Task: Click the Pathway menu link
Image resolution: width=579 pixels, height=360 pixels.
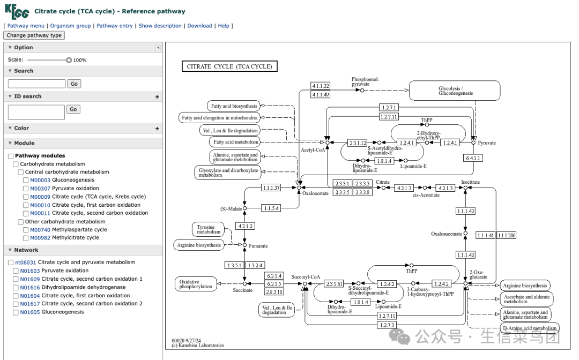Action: pos(26,26)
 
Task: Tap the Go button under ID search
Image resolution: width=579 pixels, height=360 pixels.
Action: pos(73,109)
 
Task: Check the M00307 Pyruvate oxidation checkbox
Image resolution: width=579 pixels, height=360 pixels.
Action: pos(26,189)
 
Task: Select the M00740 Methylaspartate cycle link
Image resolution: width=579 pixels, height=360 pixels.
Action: pos(68,230)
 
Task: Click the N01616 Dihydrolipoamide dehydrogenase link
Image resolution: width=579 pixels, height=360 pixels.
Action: pos(73,287)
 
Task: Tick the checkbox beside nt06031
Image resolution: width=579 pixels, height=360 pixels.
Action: pos(11,262)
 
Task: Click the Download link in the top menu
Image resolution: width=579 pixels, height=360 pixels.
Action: pos(200,26)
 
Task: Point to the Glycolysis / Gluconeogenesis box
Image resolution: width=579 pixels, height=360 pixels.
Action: pos(455,91)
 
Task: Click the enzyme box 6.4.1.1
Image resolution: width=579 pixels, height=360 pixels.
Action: pos(473,158)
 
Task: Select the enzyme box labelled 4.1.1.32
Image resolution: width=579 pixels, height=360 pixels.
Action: pos(321,86)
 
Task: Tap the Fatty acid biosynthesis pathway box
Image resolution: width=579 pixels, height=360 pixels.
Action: pos(234,106)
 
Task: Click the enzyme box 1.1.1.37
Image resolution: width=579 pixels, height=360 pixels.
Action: pos(271,187)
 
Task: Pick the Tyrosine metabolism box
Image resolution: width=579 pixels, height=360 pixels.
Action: pos(208,229)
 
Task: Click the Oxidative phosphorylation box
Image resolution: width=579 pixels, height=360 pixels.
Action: pos(196,284)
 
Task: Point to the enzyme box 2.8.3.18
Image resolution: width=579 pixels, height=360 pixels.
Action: pos(274,292)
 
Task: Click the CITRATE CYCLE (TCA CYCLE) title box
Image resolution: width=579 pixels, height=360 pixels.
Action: pos(229,66)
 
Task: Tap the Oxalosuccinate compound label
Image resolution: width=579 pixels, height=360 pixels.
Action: pos(447,234)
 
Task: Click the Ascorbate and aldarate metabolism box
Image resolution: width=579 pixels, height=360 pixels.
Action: pos(527,299)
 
